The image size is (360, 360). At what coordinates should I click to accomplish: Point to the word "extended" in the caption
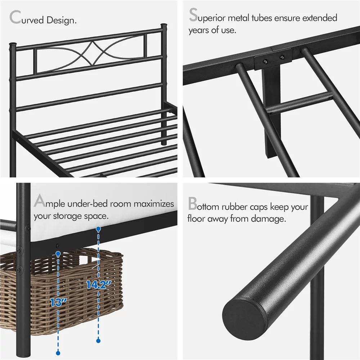[319, 18]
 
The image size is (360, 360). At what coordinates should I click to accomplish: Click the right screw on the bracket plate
[282, 57]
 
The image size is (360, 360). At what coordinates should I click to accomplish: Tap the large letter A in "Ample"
[39, 202]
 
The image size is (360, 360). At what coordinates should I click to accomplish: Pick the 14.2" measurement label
[98, 284]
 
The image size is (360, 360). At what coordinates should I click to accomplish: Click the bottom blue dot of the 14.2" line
[98, 340]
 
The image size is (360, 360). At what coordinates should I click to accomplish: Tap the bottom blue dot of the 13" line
[58, 353]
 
